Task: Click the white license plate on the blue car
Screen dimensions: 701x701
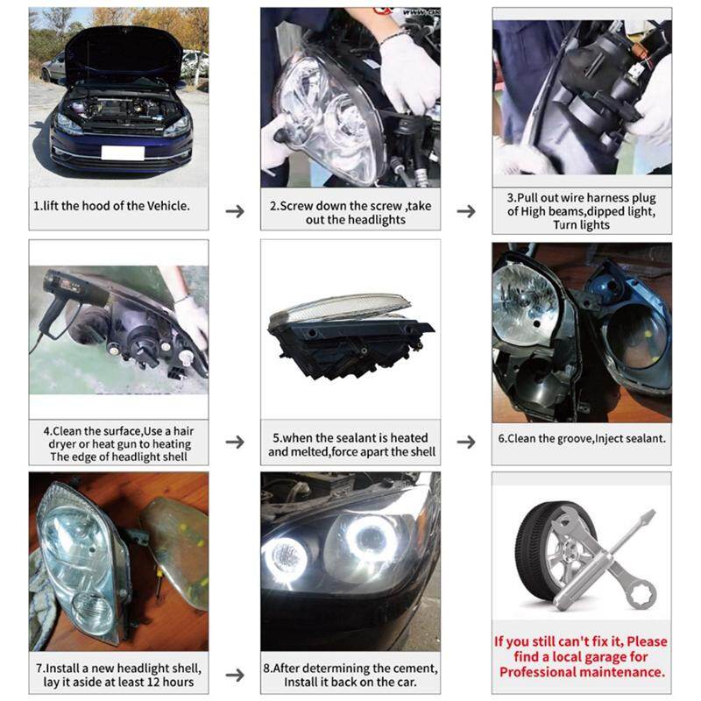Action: [122, 152]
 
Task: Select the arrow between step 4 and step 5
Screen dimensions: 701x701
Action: [235, 442]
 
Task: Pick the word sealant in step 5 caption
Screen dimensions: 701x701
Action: [355, 437]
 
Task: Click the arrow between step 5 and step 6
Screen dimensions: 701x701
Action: [466, 442]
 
